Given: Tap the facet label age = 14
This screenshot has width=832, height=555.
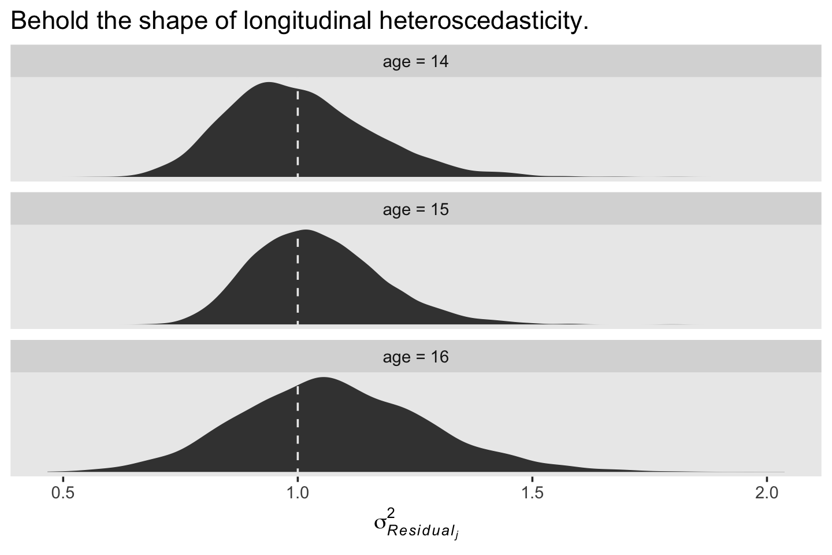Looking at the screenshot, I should [x=415, y=61].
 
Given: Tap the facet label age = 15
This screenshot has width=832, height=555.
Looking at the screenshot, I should [x=415, y=209].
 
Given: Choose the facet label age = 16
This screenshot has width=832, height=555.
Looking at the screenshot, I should [x=415, y=357].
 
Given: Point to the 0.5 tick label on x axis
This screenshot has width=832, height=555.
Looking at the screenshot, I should [x=63, y=495].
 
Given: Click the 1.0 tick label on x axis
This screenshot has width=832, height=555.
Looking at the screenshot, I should [x=298, y=495].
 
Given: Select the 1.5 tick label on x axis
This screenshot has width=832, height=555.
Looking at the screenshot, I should [x=532, y=495].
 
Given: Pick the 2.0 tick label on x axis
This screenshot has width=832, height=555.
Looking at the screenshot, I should [x=767, y=495].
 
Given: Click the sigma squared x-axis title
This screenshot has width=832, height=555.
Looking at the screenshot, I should [x=416, y=524].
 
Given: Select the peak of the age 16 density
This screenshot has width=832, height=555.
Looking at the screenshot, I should [x=322, y=378].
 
